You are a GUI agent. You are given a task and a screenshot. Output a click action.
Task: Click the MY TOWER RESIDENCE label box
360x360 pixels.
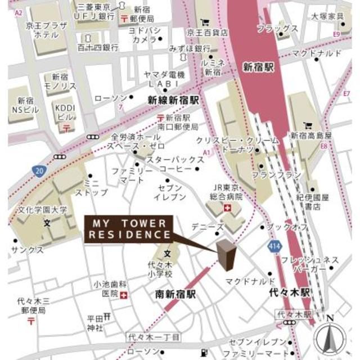coord(129,228)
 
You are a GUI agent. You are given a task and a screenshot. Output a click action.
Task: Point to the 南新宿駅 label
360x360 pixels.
coord(175,294)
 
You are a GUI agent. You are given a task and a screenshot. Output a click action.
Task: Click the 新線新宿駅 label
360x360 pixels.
coord(174,100)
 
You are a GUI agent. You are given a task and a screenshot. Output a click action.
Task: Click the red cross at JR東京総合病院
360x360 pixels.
coord(228,208)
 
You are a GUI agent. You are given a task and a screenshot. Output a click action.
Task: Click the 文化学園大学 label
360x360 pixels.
coord(47,210)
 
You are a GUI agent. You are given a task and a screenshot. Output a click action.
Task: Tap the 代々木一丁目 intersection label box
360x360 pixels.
coord(153,336)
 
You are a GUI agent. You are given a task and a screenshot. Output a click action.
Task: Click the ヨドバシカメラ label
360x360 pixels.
coord(145,34)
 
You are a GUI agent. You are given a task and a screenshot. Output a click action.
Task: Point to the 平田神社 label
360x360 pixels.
coord(94,323)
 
